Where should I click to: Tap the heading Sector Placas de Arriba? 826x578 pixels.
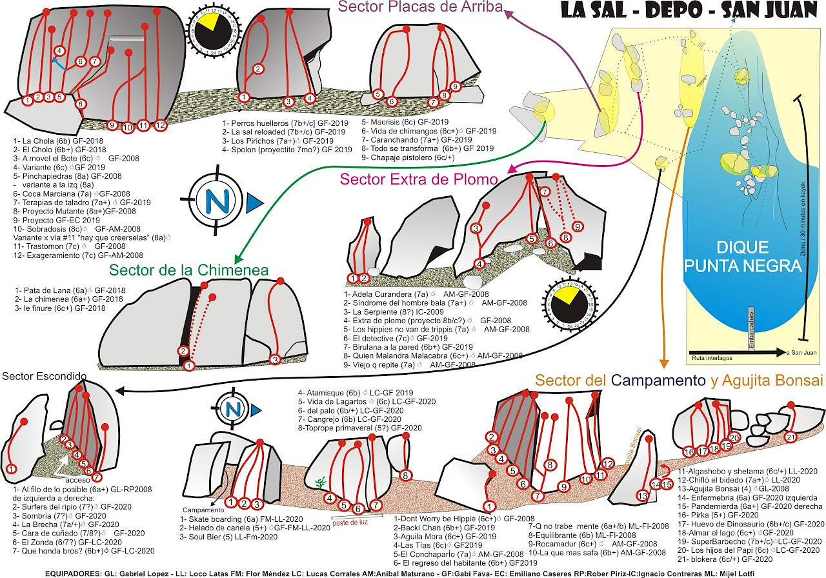[x=421, y=7]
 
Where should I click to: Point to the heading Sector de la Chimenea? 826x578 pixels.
[x=188, y=270]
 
